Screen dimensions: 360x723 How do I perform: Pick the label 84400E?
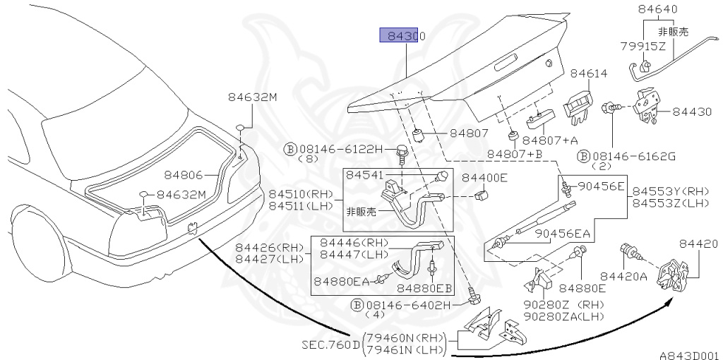pyautogui.click(x=484, y=177)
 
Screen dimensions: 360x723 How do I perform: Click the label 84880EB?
pyautogui.click(x=424, y=287)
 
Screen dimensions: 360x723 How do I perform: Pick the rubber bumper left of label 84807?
pyautogui.click(x=419, y=134)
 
